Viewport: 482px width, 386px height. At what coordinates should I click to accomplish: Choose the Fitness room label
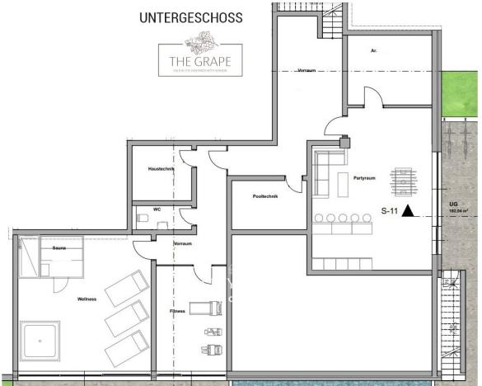coord(177,311)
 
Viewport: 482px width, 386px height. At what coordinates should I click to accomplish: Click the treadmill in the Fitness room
coord(206,308)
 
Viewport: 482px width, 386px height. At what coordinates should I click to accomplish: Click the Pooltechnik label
coord(265,195)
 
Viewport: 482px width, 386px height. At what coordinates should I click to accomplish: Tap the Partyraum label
coord(364,177)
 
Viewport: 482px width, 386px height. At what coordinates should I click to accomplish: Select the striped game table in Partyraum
coord(403,181)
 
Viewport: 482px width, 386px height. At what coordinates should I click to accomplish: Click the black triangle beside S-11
coord(407,212)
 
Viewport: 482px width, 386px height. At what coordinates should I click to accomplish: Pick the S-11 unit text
coord(388,212)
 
